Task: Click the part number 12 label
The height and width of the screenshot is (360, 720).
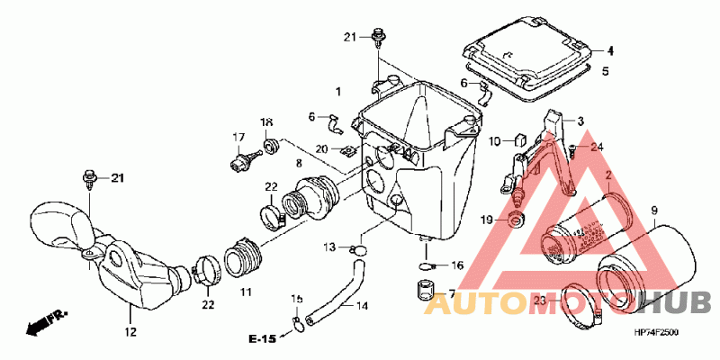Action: [x=130, y=333]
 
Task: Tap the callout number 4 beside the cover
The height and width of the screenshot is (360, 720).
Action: [x=609, y=50]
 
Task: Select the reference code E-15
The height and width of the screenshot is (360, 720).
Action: [x=263, y=338]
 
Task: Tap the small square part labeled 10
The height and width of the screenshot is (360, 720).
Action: [x=520, y=139]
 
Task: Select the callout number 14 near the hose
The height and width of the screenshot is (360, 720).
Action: [x=361, y=306]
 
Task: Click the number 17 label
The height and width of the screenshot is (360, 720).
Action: [x=238, y=138]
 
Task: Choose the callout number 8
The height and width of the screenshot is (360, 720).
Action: [x=299, y=163]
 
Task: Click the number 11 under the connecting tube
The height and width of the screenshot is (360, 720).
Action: [x=246, y=292]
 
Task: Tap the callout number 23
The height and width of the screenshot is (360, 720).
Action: [x=537, y=301]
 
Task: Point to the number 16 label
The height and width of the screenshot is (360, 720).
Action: [x=456, y=265]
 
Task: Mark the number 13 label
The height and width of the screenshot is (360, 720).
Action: [x=329, y=247]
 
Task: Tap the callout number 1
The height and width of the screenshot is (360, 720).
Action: [x=338, y=93]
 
